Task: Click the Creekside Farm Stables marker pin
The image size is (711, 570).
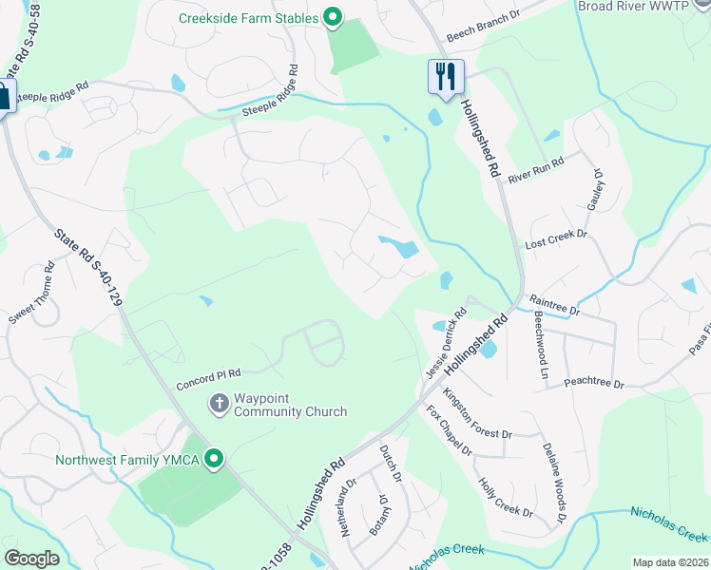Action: click(333, 16)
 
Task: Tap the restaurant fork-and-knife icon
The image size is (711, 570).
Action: click(446, 76)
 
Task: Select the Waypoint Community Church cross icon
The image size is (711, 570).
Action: click(219, 404)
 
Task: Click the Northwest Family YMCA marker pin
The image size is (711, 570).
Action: click(215, 460)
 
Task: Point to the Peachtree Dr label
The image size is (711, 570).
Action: click(593, 382)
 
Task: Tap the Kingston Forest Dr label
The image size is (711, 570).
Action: click(477, 418)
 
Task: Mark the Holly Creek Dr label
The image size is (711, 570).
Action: click(505, 497)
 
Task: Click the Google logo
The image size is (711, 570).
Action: click(31, 559)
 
